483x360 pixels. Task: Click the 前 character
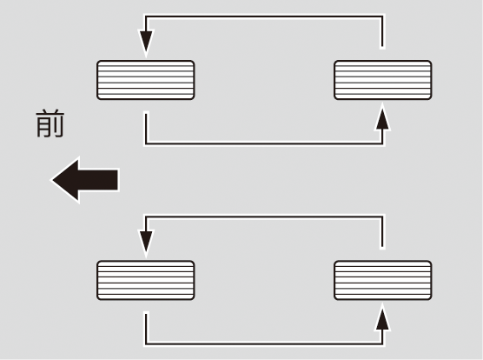[50, 123]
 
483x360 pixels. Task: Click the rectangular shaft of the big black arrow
[98, 180]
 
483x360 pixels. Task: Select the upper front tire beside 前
[145, 80]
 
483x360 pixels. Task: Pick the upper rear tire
[382, 80]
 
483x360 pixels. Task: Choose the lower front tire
[145, 280]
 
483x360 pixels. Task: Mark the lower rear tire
[382, 280]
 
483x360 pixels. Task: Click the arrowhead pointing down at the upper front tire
[146, 43]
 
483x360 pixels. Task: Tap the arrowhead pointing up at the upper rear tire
[382, 117]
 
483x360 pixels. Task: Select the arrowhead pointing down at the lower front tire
[146, 243]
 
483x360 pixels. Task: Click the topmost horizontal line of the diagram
[264, 17]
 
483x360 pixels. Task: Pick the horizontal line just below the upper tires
[264, 143]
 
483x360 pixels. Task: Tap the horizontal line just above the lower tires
[264, 217]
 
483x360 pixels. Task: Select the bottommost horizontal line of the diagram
[264, 343]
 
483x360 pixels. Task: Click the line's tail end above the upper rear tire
[382, 47]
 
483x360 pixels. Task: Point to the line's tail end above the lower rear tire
[382, 247]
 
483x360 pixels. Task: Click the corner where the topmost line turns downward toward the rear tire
[382, 17]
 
